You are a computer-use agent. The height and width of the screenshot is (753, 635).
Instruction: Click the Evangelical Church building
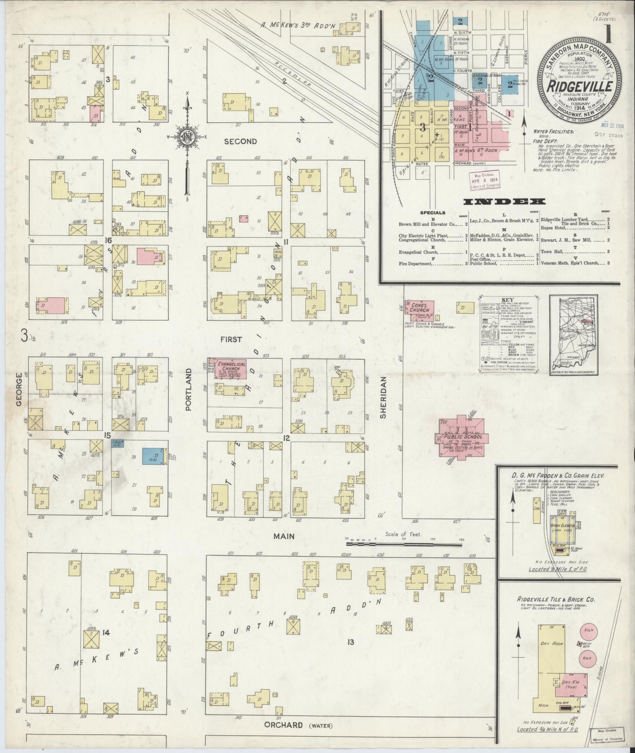tap(231, 369)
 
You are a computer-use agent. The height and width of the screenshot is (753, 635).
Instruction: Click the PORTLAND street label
tap(188, 389)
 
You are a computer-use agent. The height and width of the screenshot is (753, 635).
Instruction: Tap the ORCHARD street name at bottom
tap(283, 725)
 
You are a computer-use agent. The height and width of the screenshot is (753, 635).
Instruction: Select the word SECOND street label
tap(240, 141)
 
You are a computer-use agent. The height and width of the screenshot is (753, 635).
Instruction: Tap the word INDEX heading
tap(504, 202)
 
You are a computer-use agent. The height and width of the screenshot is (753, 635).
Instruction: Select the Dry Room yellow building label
tap(551, 644)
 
